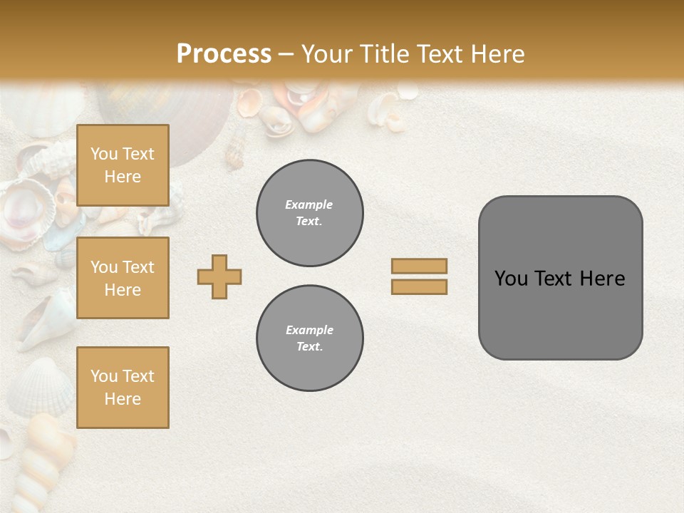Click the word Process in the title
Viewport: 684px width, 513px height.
click(x=224, y=53)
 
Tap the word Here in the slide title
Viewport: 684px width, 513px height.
click(x=497, y=53)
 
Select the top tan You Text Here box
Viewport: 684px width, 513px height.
click(x=123, y=165)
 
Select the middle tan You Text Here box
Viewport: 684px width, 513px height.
click(x=123, y=278)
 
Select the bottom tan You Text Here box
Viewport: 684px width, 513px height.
click(x=123, y=388)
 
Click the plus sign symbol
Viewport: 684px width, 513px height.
click(x=219, y=276)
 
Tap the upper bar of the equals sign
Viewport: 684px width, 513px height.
click(x=419, y=266)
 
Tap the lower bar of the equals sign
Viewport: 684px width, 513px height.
click(x=419, y=287)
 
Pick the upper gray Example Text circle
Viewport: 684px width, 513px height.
click(x=310, y=212)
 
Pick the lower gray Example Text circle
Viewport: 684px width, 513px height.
click(x=310, y=338)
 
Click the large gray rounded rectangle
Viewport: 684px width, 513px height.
click(x=560, y=313)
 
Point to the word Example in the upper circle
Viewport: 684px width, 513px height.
click(x=309, y=204)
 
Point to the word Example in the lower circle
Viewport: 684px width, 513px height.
click(x=309, y=330)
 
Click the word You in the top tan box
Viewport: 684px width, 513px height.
click(x=104, y=154)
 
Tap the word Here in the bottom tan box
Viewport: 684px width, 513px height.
click(x=123, y=399)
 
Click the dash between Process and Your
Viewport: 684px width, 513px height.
click(x=286, y=54)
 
